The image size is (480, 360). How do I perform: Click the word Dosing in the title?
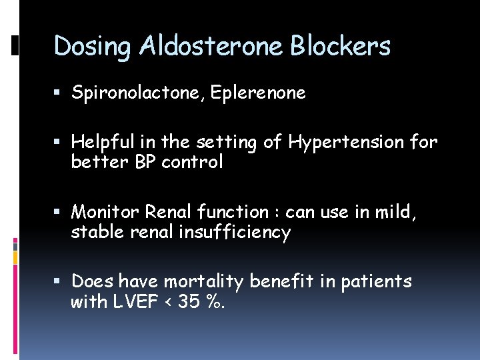(x=94, y=47)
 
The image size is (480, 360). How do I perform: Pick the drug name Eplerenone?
(x=258, y=93)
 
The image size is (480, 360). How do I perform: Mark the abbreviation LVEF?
(x=136, y=302)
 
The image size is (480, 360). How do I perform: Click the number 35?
(x=189, y=302)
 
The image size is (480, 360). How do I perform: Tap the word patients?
(x=376, y=282)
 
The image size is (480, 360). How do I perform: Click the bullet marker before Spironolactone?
(x=61, y=94)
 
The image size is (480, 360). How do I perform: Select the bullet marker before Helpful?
(x=61, y=143)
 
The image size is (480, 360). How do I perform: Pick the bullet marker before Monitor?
(x=61, y=213)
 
